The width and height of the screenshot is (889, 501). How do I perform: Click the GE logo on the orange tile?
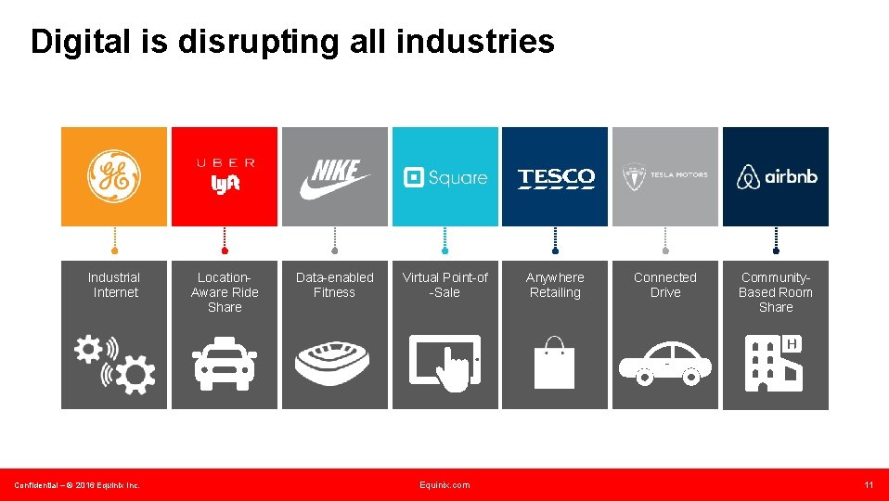pyautogui.click(x=113, y=176)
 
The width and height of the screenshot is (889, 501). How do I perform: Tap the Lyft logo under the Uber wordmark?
pyautogui.click(x=225, y=185)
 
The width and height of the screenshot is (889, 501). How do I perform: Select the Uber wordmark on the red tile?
pyautogui.click(x=225, y=163)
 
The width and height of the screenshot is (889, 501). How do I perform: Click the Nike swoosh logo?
pyautogui.click(x=334, y=178)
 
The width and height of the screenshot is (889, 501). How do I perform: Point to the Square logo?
pyautogui.click(x=444, y=177)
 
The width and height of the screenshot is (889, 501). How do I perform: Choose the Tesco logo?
pyautogui.click(x=555, y=177)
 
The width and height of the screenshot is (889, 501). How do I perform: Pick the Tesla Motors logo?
pyautogui.click(x=664, y=176)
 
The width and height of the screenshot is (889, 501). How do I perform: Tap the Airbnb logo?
pyautogui.click(x=776, y=176)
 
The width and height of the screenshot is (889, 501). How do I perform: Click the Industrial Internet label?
pyautogui.click(x=114, y=285)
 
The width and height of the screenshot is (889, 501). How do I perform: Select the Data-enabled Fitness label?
pyautogui.click(x=334, y=285)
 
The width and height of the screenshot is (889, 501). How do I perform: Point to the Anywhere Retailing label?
pyautogui.click(x=555, y=285)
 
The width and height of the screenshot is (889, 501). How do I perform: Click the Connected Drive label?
pyautogui.click(x=664, y=285)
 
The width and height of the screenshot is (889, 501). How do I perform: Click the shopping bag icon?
pyautogui.click(x=555, y=363)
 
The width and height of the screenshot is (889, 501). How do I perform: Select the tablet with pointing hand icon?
pyautogui.click(x=445, y=361)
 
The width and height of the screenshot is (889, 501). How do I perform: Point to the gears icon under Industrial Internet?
pyautogui.click(x=115, y=363)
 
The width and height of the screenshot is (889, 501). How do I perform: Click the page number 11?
pyautogui.click(x=869, y=485)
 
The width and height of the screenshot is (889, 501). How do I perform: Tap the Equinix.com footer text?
pyautogui.click(x=444, y=485)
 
